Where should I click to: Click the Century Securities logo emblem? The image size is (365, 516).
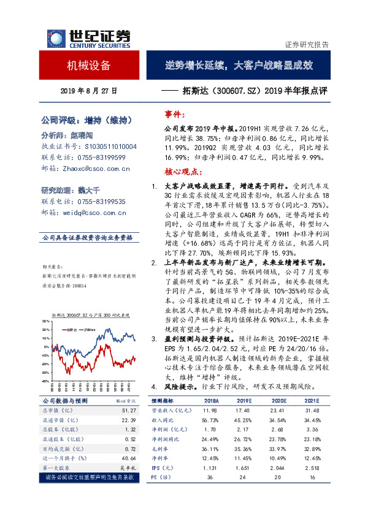pos(55,39)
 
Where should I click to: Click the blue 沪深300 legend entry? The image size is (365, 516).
pos(93,329)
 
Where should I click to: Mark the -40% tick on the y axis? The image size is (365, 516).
pos(44,381)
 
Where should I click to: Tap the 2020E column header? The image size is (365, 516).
pos(261,400)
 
